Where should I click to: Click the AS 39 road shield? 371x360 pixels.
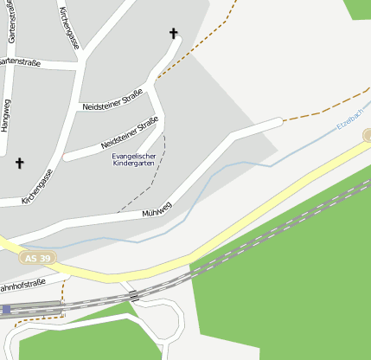tap(37, 258)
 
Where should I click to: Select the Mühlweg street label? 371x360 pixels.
tap(157, 209)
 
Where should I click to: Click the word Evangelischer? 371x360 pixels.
tap(136, 155)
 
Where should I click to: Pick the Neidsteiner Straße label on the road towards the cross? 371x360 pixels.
tap(112, 101)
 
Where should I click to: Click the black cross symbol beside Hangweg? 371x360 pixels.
tap(20, 162)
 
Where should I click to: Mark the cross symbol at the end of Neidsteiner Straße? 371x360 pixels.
tap(173, 34)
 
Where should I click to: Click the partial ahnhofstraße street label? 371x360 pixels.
tap(22, 286)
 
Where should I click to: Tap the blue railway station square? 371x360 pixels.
tap(6, 309)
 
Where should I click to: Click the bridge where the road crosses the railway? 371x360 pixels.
tap(134, 295)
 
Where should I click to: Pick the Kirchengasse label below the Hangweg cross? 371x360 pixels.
tap(39, 183)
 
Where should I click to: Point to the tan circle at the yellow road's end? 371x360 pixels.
tap(368, 135)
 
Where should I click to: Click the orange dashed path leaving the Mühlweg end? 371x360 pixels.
tap(311, 113)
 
